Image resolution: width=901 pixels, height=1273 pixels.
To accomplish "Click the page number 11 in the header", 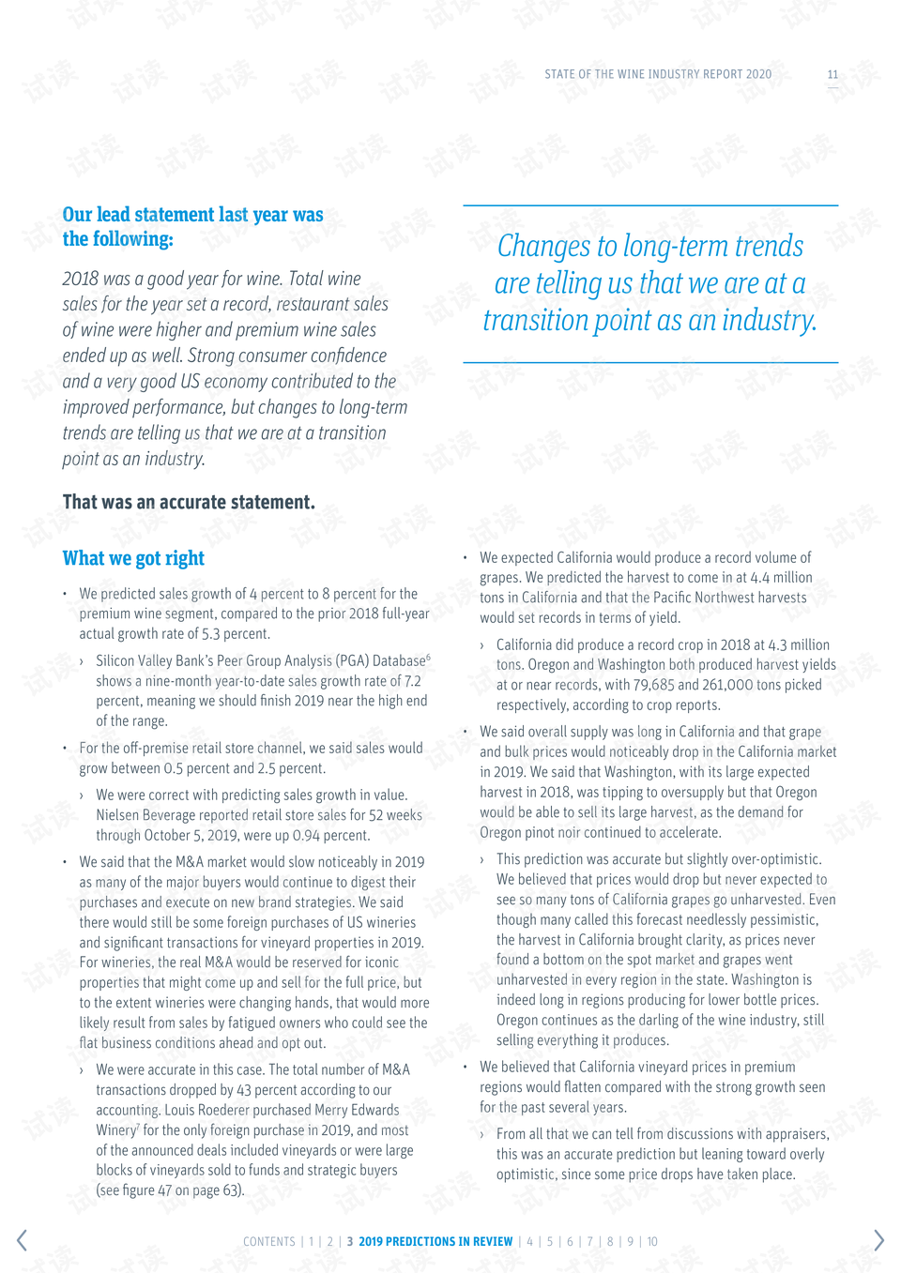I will [832, 74].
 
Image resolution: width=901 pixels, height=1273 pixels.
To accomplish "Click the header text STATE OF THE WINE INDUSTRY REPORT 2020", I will [658, 74].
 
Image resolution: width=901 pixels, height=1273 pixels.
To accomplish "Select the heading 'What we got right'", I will [133, 558].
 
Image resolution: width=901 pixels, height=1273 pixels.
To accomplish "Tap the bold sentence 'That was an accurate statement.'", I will [189, 502].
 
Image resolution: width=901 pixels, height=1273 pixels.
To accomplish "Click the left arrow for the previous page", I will [22, 1240].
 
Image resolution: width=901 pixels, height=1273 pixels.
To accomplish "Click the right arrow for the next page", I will [878, 1240].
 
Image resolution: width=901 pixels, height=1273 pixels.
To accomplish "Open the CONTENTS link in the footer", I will [269, 1242].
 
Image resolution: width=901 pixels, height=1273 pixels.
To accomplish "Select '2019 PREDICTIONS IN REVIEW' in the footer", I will [435, 1242].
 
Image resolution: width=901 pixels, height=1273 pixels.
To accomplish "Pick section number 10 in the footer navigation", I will [652, 1242].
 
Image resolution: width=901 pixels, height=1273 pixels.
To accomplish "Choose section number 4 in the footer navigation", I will [529, 1242].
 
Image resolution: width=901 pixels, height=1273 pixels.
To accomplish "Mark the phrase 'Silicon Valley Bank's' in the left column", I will [156, 661].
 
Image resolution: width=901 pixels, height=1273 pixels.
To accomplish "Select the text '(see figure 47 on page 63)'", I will [170, 1190].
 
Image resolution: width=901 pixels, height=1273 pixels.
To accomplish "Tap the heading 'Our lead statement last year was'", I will [192, 215].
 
